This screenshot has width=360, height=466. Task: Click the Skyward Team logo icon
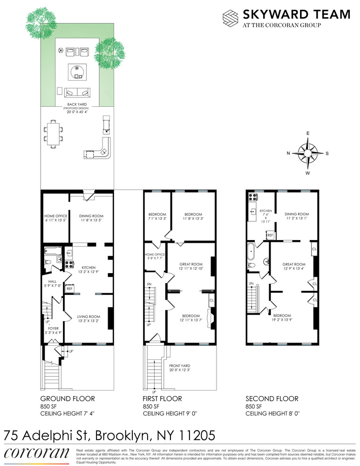[x=231, y=18]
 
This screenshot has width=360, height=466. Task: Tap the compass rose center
[x=307, y=153]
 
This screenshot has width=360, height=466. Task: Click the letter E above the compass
[x=307, y=133]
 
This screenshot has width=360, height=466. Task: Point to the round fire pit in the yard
[x=77, y=72]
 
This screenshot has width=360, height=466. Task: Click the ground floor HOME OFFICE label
[x=55, y=216]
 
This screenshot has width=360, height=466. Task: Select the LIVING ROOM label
[x=88, y=317]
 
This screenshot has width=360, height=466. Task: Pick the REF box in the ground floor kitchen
[x=69, y=289]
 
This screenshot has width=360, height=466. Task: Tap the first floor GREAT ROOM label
[x=191, y=264]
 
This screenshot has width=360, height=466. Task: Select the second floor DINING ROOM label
[x=297, y=214]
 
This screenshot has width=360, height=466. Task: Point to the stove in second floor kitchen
[x=253, y=196]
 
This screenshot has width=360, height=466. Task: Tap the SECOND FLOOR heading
[x=272, y=399]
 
